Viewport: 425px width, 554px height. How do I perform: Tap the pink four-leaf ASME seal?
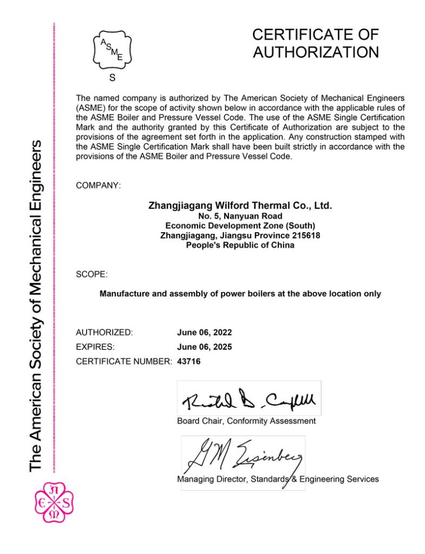pos(53,502)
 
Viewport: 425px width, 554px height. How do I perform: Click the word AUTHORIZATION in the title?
pos(316,52)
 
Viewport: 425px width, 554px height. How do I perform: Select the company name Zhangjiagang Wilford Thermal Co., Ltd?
pos(240,206)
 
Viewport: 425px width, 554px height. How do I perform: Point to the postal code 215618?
pos(304,235)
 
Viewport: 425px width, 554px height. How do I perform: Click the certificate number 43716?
pos(189,361)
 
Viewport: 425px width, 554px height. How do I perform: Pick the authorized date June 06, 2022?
pos(204,332)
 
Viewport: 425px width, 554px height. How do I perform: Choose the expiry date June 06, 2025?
pos(204,347)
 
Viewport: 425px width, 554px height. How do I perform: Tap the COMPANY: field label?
pos(99,186)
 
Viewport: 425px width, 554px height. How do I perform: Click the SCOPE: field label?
pos(91,274)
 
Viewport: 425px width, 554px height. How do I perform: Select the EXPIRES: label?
pos(95,347)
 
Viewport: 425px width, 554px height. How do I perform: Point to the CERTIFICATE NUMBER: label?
pos(124,361)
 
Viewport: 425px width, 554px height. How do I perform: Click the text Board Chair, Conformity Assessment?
pos(246,421)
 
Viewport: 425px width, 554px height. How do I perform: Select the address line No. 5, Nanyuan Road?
pos(240,216)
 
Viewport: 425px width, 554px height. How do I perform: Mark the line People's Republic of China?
pos(240,245)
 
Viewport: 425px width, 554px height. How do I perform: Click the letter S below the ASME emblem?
pos(112,77)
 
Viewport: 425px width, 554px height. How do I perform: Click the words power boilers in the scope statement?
pos(258,294)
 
